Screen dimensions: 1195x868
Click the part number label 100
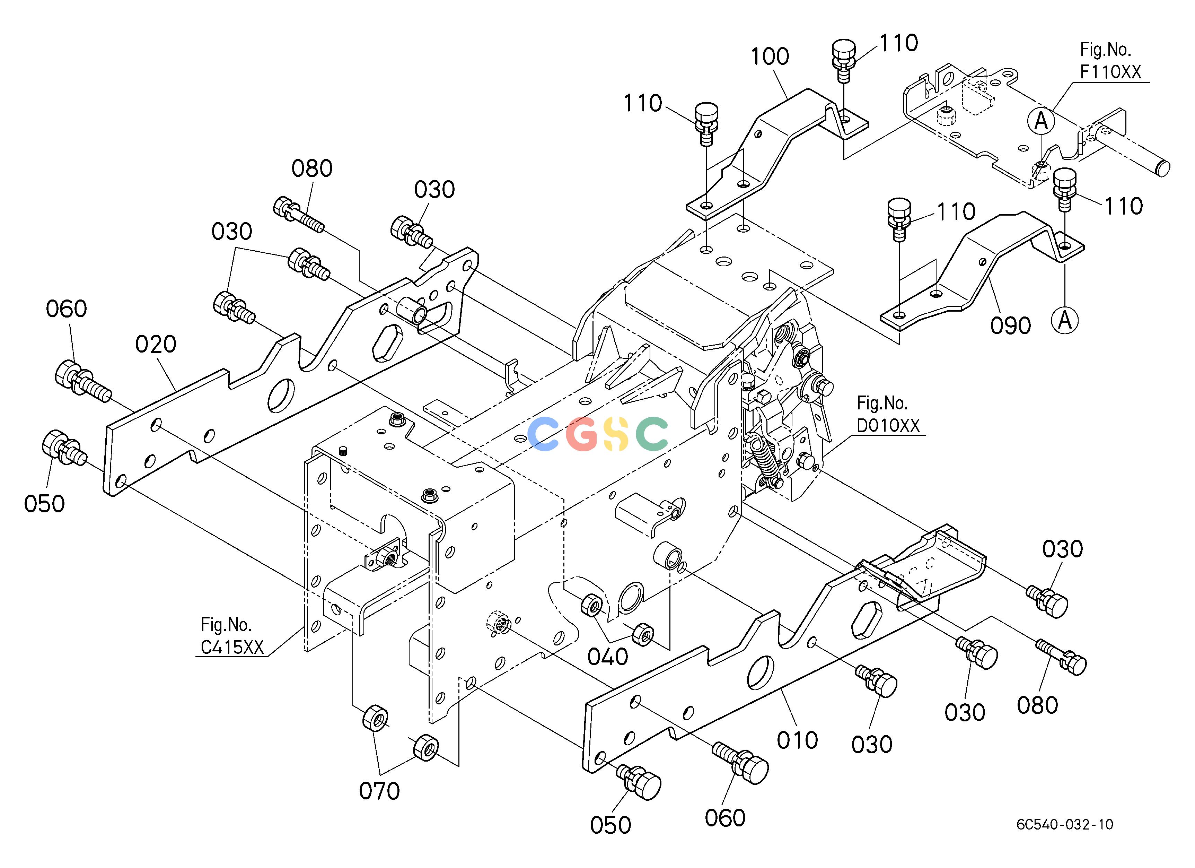(770, 57)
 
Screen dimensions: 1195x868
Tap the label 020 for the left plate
(156, 345)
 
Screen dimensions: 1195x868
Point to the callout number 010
(797, 740)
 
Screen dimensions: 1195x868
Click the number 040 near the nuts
(607, 657)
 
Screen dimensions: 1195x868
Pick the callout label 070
(379, 791)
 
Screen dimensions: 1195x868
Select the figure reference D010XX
(888, 425)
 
